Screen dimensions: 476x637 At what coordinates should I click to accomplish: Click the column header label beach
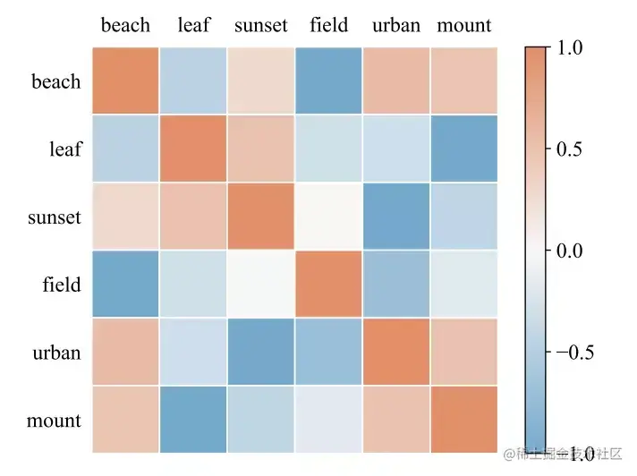125,25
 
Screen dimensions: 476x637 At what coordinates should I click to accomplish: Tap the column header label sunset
261,25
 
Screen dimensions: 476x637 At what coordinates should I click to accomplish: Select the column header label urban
396,25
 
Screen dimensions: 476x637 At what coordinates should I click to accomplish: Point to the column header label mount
464,25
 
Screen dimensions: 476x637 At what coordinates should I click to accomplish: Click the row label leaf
64,149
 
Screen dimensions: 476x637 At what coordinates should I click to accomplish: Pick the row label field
62,285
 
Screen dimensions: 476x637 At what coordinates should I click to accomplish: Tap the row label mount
54,421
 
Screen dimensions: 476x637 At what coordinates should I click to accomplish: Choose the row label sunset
55,217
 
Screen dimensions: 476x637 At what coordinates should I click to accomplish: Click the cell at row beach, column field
328,81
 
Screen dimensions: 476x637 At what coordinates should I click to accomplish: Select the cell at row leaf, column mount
463,149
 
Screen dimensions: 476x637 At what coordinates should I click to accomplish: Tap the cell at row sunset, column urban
396,217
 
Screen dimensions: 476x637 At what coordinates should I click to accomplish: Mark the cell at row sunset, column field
328,217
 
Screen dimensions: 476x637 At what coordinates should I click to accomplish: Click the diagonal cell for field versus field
328,285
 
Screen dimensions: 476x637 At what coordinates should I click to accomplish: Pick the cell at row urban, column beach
125,352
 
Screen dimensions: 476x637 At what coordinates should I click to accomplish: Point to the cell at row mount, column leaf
193,420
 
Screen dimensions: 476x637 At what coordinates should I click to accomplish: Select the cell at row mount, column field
328,420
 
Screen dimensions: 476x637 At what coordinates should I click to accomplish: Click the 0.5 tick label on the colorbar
570,149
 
